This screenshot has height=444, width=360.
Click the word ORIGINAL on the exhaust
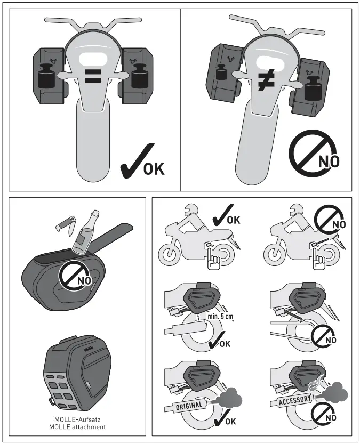click(189, 406)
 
